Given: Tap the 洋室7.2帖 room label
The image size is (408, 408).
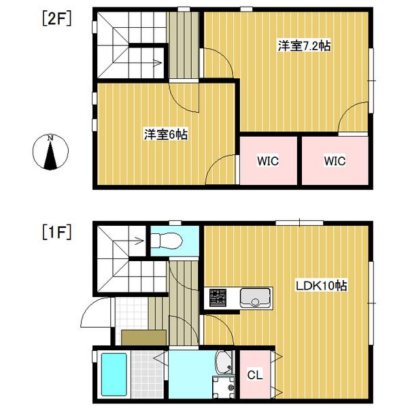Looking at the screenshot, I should pyautogui.click(x=304, y=46).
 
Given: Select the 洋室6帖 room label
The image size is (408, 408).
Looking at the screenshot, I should pyautogui.click(x=166, y=135).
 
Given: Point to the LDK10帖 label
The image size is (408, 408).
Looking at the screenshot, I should pyautogui.click(x=321, y=286).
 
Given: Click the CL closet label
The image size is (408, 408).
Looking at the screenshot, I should pyautogui.click(x=254, y=375).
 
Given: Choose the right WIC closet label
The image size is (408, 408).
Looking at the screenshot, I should pyautogui.click(x=335, y=161).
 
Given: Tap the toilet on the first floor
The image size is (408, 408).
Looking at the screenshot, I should pyautogui.click(x=166, y=240).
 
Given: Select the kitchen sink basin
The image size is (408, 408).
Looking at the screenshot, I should pyautogui.click(x=256, y=297).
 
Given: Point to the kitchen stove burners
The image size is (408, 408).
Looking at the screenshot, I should pyautogui.click(x=218, y=298).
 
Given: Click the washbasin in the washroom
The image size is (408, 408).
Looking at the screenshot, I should pyautogui.click(x=224, y=362).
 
